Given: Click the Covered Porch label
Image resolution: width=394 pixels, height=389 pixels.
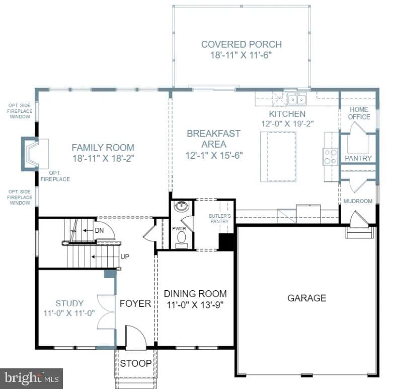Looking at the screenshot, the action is [x=241, y=44].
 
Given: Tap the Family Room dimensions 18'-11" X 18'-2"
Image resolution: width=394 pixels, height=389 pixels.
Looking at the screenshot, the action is [x=103, y=158].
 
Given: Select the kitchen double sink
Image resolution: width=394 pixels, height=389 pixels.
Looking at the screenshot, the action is [x=297, y=99].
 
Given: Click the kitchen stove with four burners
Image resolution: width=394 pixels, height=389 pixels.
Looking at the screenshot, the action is [x=331, y=157].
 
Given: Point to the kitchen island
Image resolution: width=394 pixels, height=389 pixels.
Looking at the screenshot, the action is [x=278, y=157].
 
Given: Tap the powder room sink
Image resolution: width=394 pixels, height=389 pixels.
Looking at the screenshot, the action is [x=182, y=207].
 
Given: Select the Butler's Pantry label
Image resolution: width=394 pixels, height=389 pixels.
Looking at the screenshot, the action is [x=219, y=218].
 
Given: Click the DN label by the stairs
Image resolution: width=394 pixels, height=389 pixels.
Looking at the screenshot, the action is [x=99, y=230].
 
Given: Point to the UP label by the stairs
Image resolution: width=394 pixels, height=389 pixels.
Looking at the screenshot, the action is [x=125, y=256].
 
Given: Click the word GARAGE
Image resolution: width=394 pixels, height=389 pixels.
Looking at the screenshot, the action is [x=307, y=298].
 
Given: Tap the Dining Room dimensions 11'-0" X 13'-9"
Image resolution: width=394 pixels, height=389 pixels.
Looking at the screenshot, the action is [x=195, y=305].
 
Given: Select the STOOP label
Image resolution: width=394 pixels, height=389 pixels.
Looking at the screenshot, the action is [x=136, y=363].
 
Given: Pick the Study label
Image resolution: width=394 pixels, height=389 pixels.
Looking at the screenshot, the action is [x=69, y=303].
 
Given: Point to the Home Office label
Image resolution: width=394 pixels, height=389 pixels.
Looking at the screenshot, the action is [x=359, y=113].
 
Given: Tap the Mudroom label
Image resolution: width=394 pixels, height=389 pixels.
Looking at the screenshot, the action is [x=358, y=201].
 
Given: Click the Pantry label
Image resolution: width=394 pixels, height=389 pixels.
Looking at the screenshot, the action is [x=358, y=158].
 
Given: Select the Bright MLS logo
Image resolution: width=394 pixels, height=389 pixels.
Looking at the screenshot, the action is [x=31, y=378].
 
